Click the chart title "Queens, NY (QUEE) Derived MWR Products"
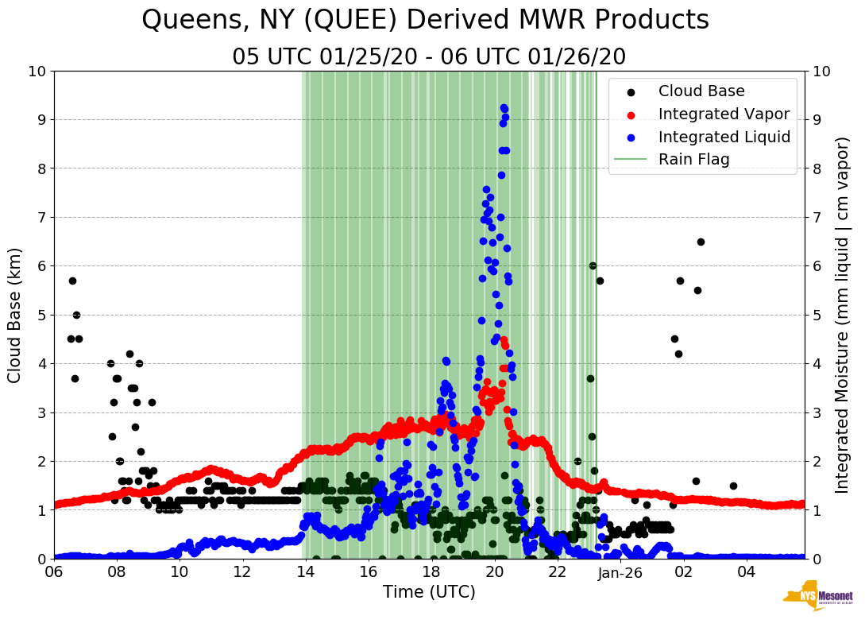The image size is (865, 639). (x=425, y=21)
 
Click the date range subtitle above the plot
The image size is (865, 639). (x=429, y=57)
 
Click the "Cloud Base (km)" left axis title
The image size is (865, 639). (x=15, y=315)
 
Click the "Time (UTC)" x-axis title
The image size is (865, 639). (x=429, y=592)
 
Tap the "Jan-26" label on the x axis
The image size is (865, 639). (x=620, y=572)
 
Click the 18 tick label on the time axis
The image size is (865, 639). (x=431, y=572)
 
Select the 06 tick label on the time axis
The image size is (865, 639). (x=54, y=572)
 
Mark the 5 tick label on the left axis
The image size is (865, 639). (x=40, y=315)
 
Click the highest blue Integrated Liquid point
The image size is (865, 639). (x=504, y=108)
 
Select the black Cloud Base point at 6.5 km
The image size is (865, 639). (x=701, y=242)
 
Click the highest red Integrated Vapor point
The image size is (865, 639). (x=504, y=340)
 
